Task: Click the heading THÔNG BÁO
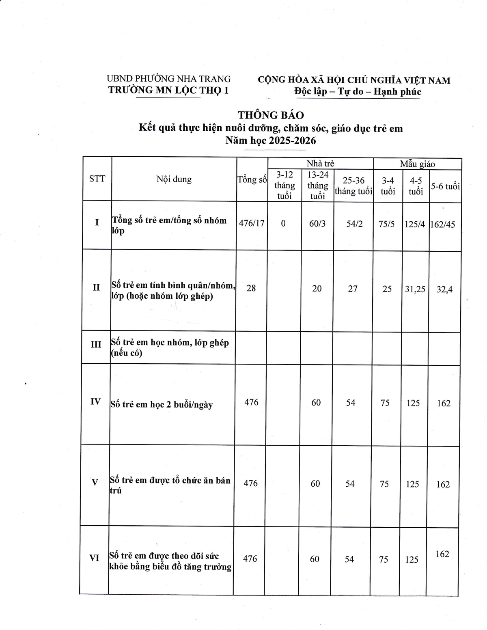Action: point(271,115)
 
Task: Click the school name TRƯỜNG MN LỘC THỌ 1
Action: point(168,90)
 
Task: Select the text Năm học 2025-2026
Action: point(271,141)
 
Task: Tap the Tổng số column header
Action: point(252,179)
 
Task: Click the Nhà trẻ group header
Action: point(320,164)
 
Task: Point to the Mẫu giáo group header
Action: point(417,164)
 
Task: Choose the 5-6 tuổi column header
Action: point(445,186)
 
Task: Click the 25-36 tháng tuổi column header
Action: point(353,186)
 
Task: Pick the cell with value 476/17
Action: point(252,223)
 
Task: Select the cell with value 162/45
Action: point(445,224)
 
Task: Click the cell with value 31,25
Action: point(415,289)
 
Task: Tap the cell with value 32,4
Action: point(444,289)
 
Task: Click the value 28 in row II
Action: point(251,288)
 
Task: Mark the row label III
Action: point(96,345)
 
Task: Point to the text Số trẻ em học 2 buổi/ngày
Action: point(162,405)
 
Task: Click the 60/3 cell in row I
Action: point(317,224)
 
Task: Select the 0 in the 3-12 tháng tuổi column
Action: point(283,223)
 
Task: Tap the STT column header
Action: point(97,179)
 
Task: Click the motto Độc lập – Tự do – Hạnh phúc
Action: point(358,92)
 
